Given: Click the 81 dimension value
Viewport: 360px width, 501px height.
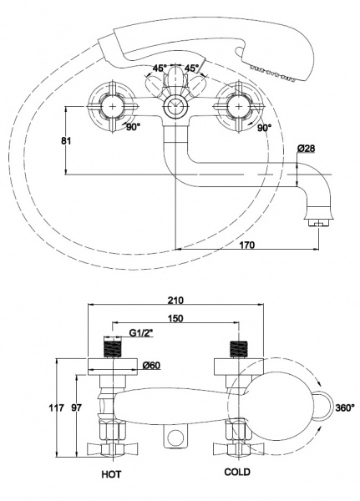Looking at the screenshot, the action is coord(66,140).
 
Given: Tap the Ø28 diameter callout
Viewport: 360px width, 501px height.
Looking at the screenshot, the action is coord(306,149).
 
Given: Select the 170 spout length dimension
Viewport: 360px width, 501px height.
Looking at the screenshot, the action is coord(246,245).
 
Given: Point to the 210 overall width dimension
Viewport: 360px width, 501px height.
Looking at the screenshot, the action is coord(175,300).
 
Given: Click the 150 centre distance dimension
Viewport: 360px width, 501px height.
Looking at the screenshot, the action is coord(175,318).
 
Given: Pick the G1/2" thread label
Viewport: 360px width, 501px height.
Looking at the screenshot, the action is coord(141,333).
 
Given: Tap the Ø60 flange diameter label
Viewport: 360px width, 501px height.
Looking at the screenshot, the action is coord(151,365).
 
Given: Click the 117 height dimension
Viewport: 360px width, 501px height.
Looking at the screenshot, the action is coord(56,407).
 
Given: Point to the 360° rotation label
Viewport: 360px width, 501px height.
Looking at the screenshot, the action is coord(345,407).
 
